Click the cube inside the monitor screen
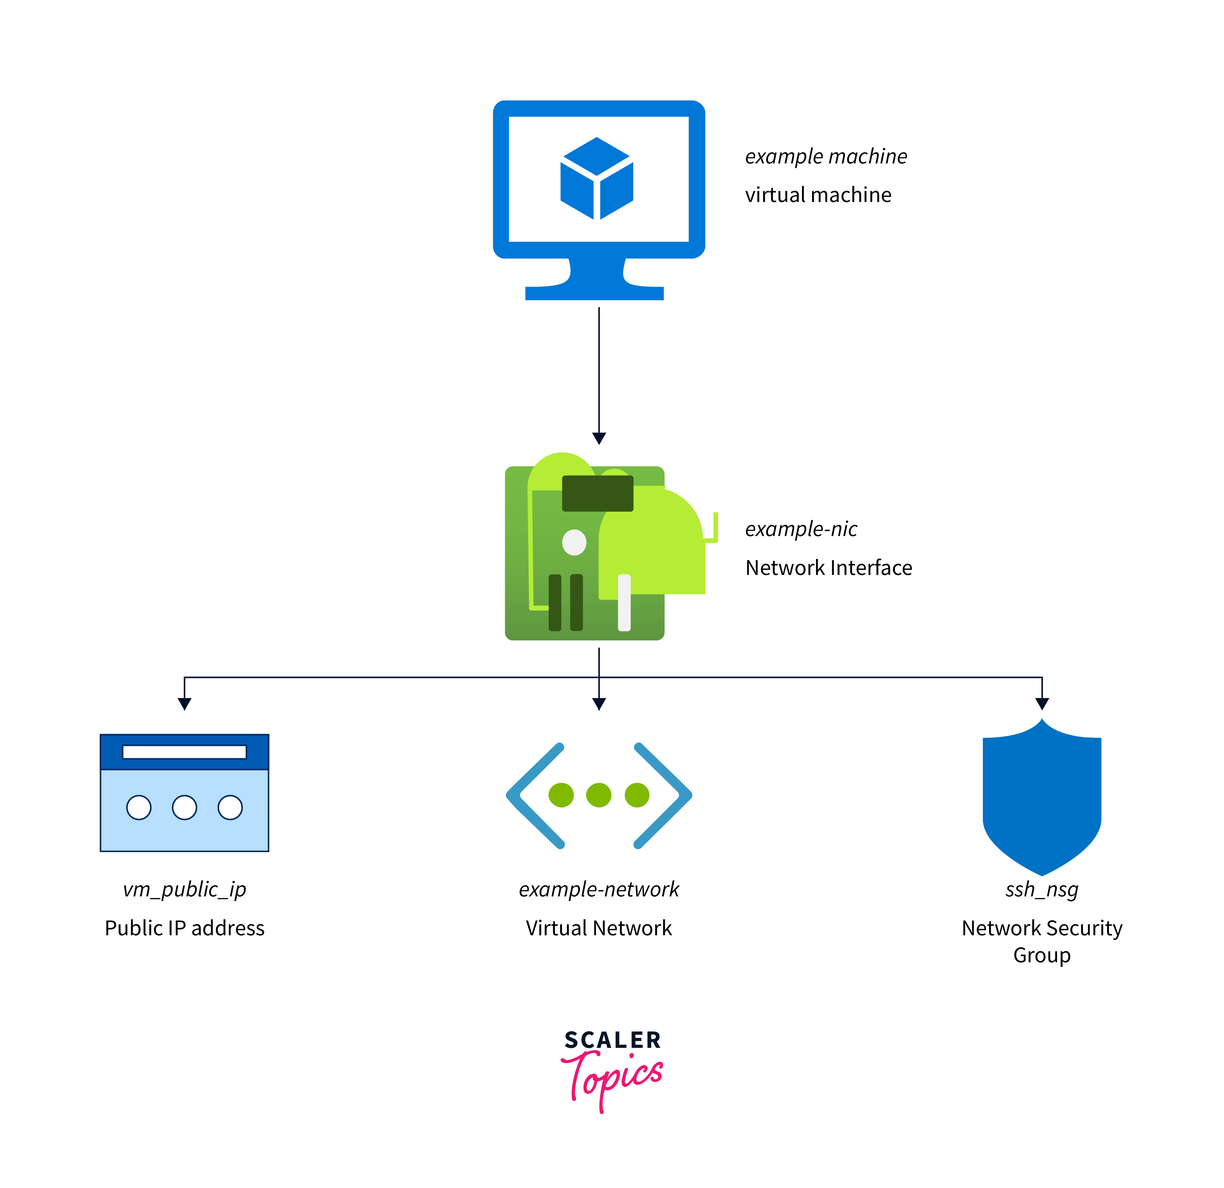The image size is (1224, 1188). (597, 179)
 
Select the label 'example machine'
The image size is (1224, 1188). (826, 156)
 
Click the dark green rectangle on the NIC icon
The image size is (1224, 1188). (598, 493)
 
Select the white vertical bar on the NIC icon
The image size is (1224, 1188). (624, 602)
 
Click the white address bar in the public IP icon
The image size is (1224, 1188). (184, 752)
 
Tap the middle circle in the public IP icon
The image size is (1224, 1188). (184, 807)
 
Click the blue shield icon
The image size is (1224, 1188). (1042, 800)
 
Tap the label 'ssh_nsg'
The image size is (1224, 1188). (1042, 889)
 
